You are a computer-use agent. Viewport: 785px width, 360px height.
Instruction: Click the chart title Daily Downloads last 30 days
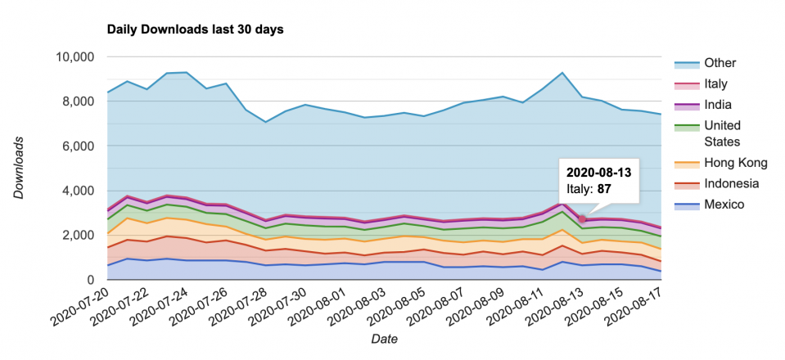[196, 29]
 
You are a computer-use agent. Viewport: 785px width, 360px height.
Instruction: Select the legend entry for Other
[720, 63]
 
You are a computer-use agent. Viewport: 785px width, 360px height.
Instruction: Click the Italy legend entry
[715, 83]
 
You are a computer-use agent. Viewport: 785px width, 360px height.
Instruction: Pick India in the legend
[717, 105]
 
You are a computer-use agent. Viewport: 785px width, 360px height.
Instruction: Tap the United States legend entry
[722, 133]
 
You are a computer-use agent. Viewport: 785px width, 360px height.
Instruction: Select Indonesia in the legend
[732, 183]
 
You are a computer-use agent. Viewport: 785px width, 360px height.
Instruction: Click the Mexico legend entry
[724, 204]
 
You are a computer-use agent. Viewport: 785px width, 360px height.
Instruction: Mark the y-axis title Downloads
[19, 168]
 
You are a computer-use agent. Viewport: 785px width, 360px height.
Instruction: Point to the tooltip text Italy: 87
[589, 190]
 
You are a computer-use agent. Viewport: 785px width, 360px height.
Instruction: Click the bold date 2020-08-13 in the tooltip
[598, 173]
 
